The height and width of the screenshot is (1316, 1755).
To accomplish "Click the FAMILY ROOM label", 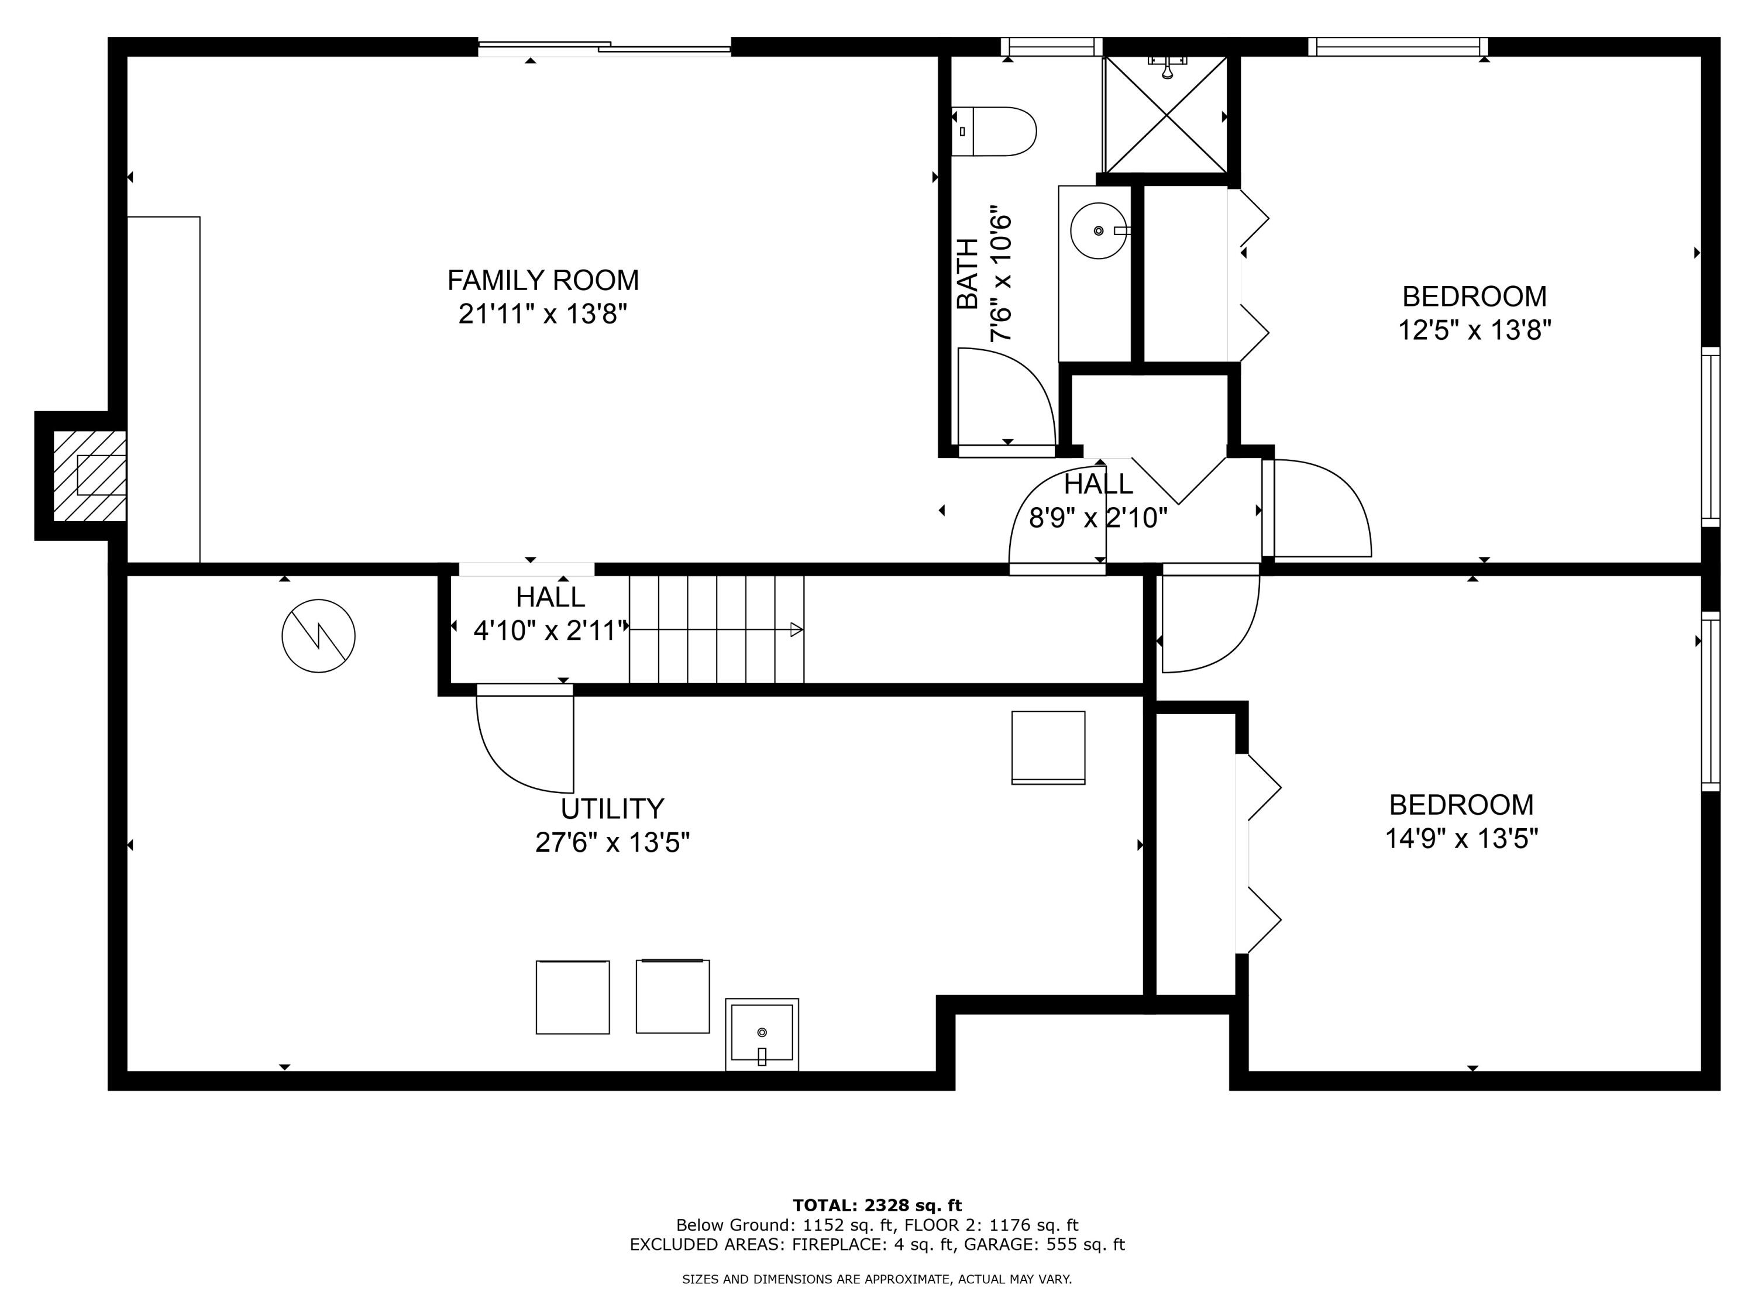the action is [x=543, y=280].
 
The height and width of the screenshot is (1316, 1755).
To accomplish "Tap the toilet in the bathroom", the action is [x=993, y=131].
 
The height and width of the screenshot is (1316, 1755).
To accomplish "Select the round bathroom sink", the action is [x=1098, y=231].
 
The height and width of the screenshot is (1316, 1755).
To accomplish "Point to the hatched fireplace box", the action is [x=89, y=476].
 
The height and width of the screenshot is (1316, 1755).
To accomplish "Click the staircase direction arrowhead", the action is [x=797, y=630].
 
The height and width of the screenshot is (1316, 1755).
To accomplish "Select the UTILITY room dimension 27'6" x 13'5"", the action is [x=612, y=842].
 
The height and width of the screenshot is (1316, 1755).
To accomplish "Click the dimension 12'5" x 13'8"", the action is [x=1474, y=329].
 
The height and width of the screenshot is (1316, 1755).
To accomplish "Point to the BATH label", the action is [x=967, y=274].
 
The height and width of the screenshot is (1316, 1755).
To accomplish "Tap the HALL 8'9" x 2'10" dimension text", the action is [x=1098, y=518].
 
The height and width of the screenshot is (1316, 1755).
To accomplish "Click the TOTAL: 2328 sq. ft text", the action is [x=877, y=1205].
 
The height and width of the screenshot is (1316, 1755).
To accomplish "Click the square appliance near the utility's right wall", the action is [x=1048, y=748].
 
